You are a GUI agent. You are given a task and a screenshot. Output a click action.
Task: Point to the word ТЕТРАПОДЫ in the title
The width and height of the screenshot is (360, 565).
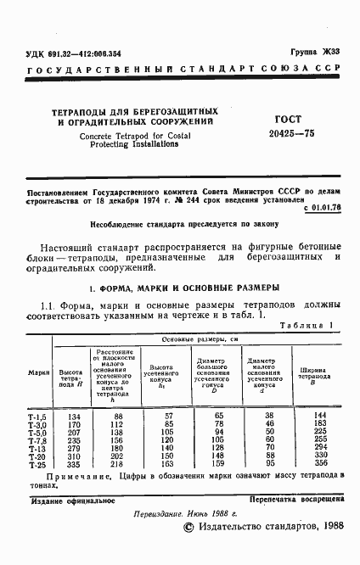pos(82,111)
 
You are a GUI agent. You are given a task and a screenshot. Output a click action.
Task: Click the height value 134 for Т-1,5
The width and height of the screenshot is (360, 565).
pos(73,417)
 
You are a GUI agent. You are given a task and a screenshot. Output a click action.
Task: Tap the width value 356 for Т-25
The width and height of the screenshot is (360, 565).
pos(321,465)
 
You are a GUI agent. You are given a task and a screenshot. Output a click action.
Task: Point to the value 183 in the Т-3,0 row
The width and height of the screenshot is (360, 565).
pos(321,424)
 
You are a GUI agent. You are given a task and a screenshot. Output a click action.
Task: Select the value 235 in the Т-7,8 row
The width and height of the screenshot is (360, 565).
pos(73,440)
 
